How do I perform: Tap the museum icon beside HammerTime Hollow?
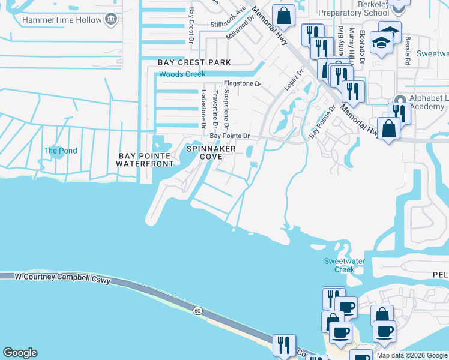point(110,20)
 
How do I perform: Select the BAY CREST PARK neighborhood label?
point(194,62)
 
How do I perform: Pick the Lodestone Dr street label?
point(204,109)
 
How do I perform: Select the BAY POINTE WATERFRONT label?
point(145,160)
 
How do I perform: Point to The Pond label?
point(61,151)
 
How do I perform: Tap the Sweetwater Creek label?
point(340,265)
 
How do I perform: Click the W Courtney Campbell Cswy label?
point(63,277)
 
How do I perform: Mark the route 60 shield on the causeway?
point(197,310)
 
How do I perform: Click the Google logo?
point(20,353)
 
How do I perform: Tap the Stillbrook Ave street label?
point(229,18)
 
